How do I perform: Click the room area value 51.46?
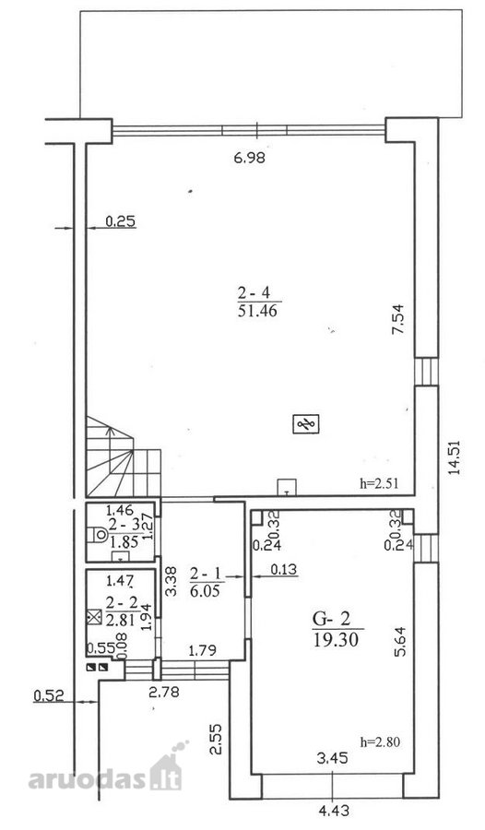[x=257, y=310]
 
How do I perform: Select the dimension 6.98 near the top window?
[x=249, y=157]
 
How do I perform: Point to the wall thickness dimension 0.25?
[x=121, y=221]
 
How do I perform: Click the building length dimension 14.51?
[x=455, y=457]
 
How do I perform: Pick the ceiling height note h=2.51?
[x=379, y=482]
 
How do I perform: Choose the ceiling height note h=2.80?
[x=380, y=742]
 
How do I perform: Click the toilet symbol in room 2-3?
[x=100, y=535]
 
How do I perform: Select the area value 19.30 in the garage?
[x=336, y=640]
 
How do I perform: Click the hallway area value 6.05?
[x=205, y=590]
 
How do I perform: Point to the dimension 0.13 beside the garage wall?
[x=284, y=570]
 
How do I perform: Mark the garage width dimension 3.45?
[x=333, y=758]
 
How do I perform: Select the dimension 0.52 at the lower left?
[x=49, y=694]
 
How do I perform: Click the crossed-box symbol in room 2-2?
[x=94, y=617]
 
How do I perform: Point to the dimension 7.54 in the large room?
[x=398, y=317]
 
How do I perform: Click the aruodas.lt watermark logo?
[x=106, y=772]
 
